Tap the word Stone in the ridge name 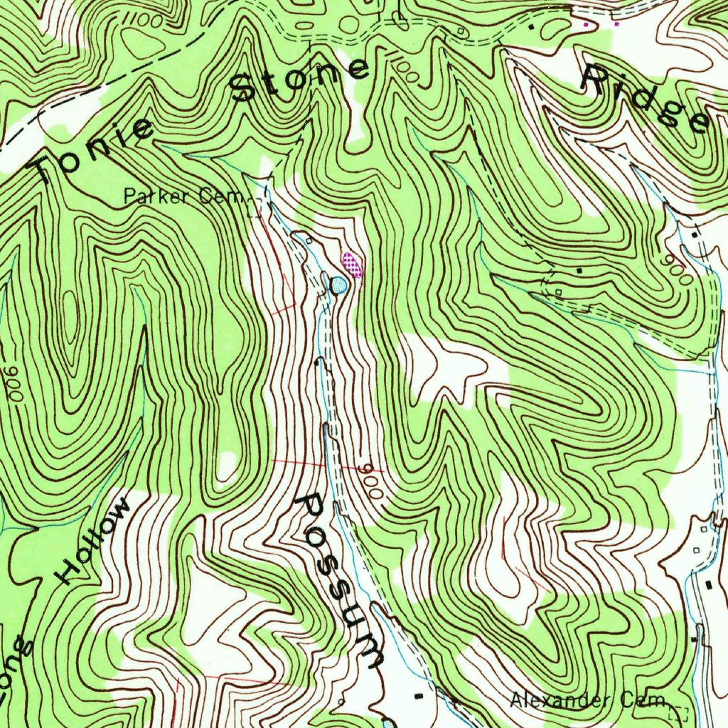(300, 79)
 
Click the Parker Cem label (183, 196)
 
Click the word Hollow (95, 541)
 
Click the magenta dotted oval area (352, 265)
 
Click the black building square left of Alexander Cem (419, 693)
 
